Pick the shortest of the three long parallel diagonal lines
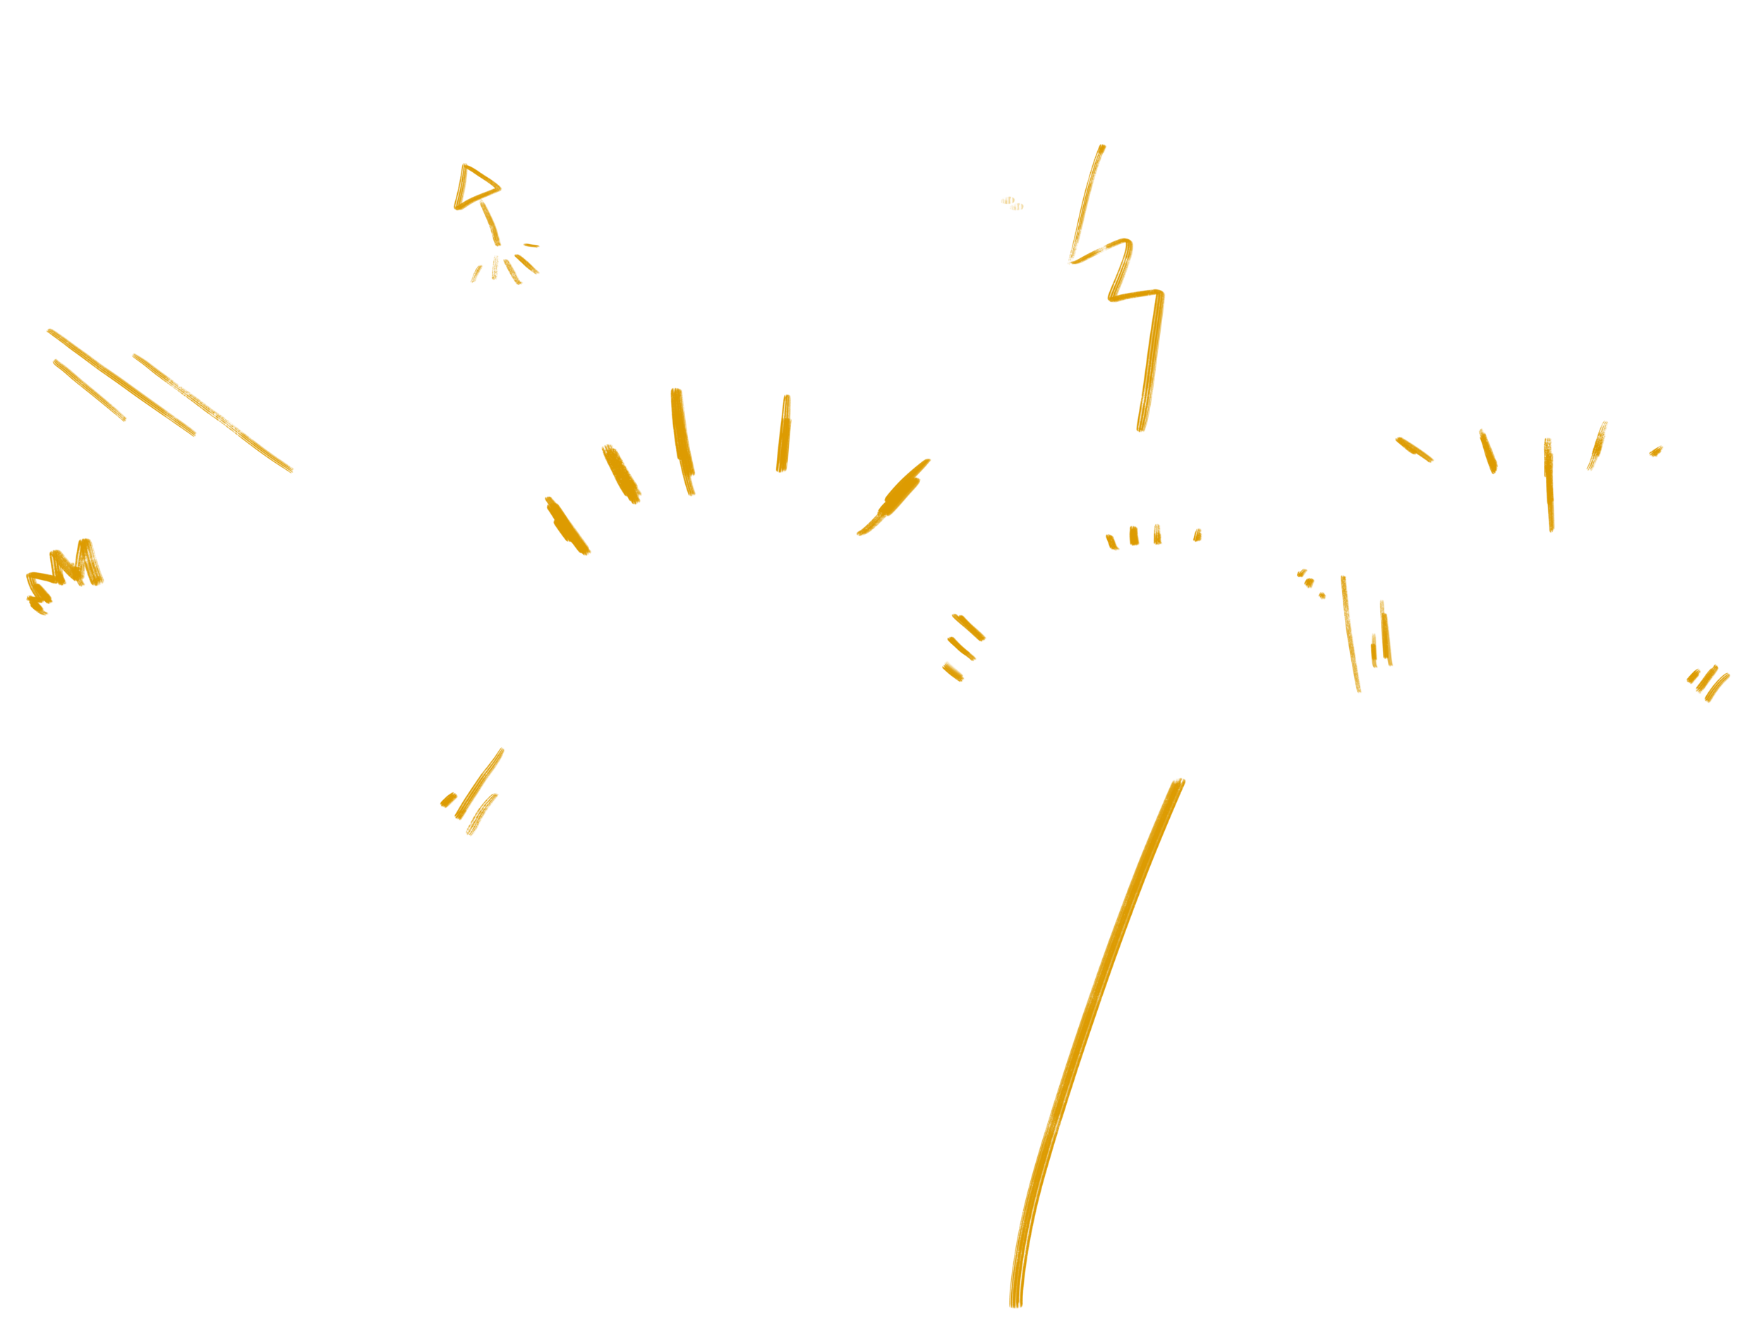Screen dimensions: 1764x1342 tap(90, 389)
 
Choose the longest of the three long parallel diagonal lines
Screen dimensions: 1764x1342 tap(212, 413)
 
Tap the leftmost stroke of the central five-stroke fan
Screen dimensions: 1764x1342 tap(567, 526)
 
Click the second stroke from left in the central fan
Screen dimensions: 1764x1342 tap(621, 473)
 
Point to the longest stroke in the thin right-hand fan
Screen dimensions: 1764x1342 tap(1549, 484)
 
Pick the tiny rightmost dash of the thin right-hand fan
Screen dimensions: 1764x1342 tap(1656, 452)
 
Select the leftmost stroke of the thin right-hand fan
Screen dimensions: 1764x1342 tap(1414, 449)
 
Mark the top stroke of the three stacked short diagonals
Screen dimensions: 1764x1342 tap(968, 627)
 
